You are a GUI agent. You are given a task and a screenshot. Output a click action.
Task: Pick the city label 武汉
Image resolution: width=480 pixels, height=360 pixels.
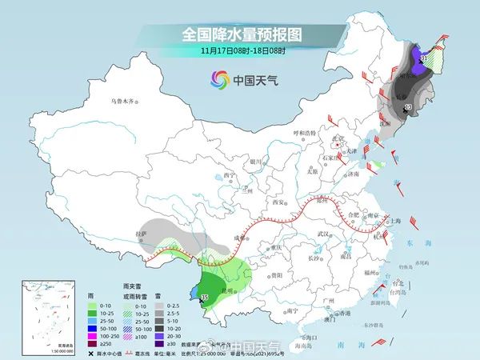tap(324, 233)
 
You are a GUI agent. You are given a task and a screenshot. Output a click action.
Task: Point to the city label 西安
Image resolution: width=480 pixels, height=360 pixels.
tap(278, 204)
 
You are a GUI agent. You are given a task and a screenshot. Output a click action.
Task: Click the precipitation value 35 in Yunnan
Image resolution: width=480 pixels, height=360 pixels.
tap(204, 298)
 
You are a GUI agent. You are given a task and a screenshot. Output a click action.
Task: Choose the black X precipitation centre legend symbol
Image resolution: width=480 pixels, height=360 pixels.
tap(92, 352)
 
